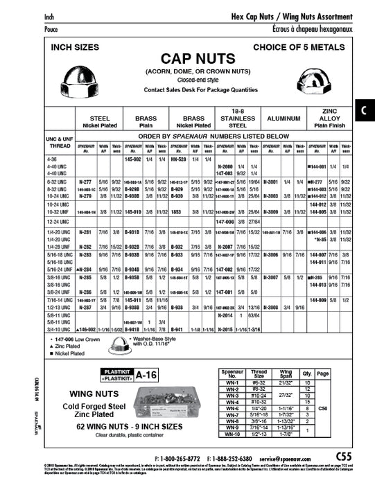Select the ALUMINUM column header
pos(278,119)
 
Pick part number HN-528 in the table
pos(180,159)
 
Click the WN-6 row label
pos(232,408)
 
